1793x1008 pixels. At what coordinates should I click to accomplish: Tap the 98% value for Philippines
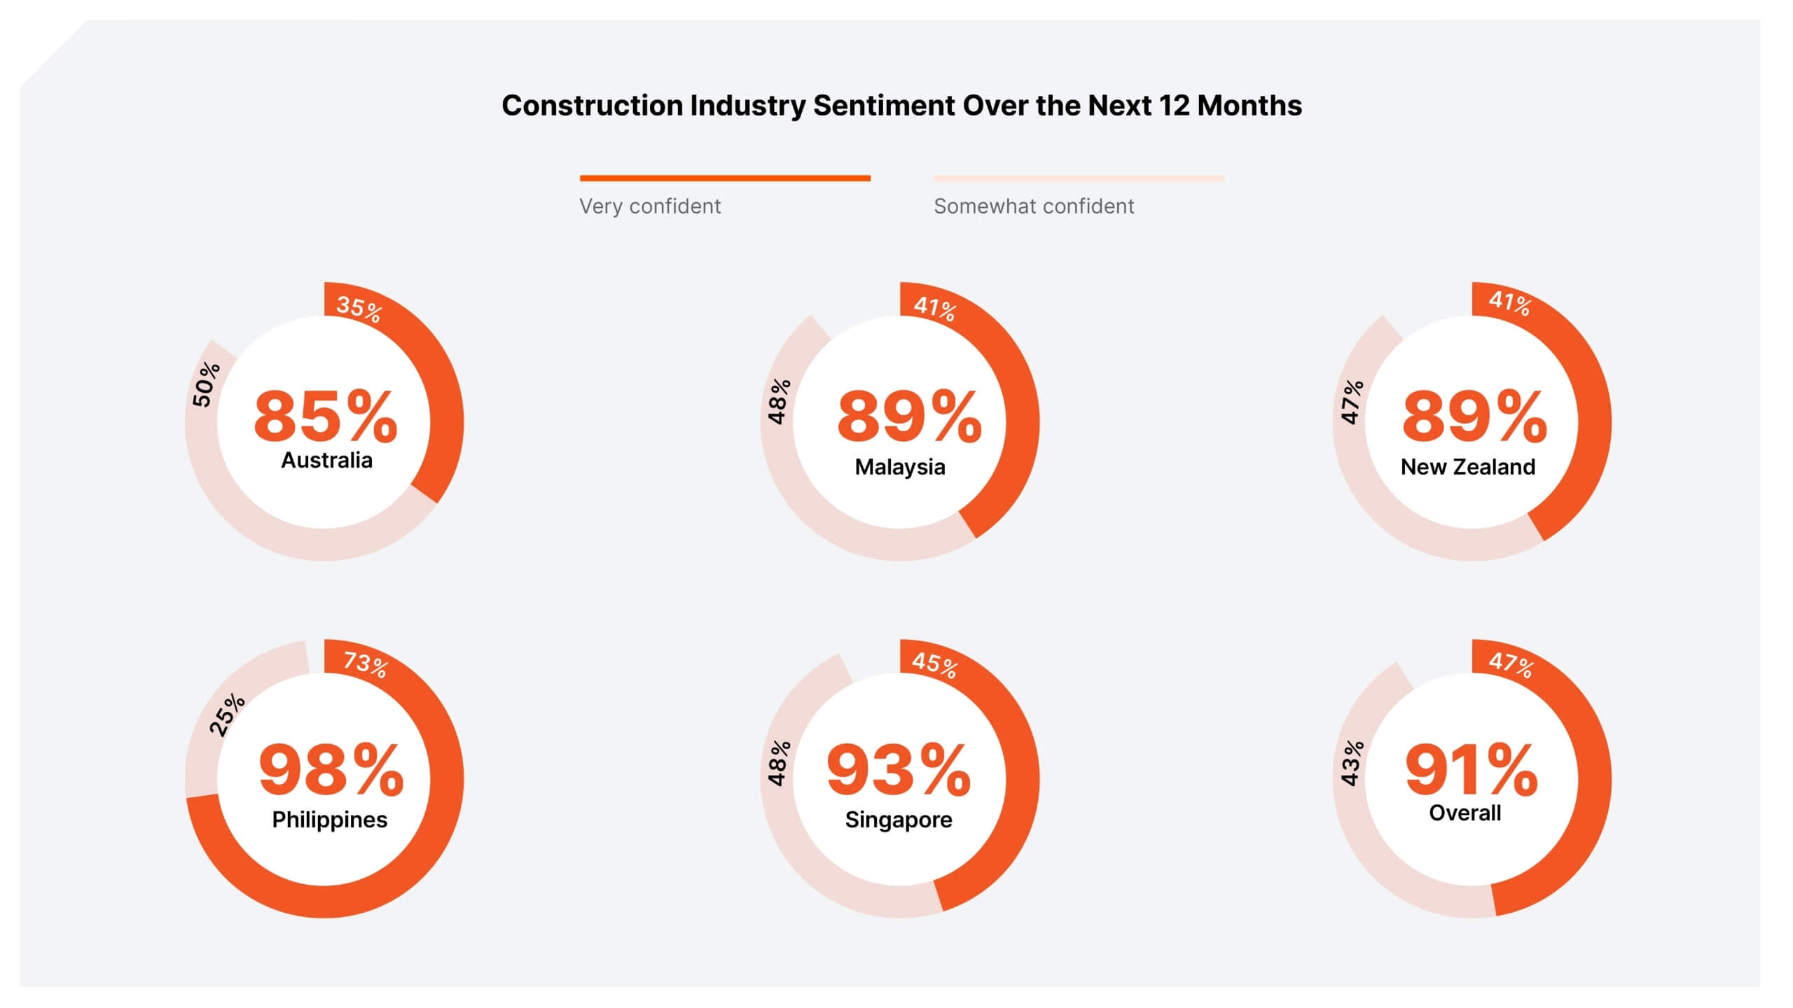coord(331,771)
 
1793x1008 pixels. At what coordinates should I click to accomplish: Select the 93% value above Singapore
coord(899,771)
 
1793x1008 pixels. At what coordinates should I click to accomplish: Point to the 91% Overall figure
coord(1471,771)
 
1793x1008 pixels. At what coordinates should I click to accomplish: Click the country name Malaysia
coord(900,467)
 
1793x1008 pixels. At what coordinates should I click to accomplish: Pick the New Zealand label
coord(1468,467)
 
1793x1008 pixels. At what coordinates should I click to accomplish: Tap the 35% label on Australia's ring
coord(359,309)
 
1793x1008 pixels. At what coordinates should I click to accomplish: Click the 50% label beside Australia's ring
coord(206,384)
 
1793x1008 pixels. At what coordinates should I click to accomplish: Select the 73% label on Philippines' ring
coord(366,663)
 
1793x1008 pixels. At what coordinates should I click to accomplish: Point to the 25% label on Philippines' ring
coord(227,715)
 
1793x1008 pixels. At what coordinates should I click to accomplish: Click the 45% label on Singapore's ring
coord(934,664)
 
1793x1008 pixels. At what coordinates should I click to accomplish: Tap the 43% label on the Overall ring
coord(1352,763)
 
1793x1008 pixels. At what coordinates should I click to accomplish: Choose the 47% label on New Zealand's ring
coord(1352,402)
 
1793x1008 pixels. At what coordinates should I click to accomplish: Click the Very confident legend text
coord(649,206)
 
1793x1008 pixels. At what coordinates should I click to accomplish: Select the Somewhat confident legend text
coord(1034,206)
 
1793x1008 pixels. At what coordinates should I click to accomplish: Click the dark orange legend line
coord(725,178)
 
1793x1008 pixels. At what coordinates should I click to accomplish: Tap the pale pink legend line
coord(1079,178)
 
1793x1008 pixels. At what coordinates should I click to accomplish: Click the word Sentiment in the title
coord(884,106)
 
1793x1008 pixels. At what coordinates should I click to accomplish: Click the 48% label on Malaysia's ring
coord(779,402)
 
